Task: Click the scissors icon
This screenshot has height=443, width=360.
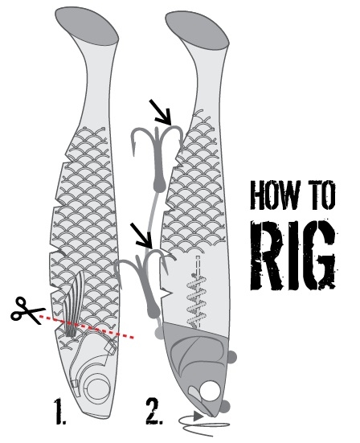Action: pyautogui.click(x=27, y=311)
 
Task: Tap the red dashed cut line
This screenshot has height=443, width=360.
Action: pyautogui.click(x=86, y=326)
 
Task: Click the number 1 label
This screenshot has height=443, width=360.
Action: pyautogui.click(x=60, y=411)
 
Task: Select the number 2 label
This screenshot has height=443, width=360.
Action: pyautogui.click(x=153, y=411)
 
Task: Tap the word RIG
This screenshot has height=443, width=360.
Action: pyautogui.click(x=293, y=255)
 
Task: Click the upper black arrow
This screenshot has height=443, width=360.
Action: pyautogui.click(x=162, y=113)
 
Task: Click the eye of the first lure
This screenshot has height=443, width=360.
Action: pyautogui.click(x=99, y=389)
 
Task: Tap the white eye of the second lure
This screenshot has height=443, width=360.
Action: pyautogui.click(x=210, y=391)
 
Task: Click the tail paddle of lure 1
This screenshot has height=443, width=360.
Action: pyautogui.click(x=87, y=25)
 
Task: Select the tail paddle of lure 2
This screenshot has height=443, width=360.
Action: pyautogui.click(x=197, y=28)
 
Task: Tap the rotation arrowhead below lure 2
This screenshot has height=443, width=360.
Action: pyautogui.click(x=198, y=416)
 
